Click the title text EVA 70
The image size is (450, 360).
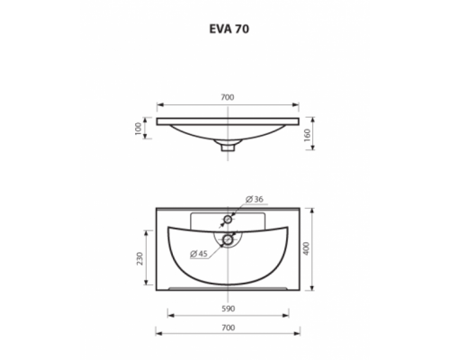click(x=229, y=28)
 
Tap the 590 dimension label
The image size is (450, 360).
click(x=229, y=308)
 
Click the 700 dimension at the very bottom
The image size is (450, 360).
click(x=229, y=328)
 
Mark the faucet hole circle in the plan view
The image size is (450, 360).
click(x=229, y=220)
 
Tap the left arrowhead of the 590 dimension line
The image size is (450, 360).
click(x=171, y=315)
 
